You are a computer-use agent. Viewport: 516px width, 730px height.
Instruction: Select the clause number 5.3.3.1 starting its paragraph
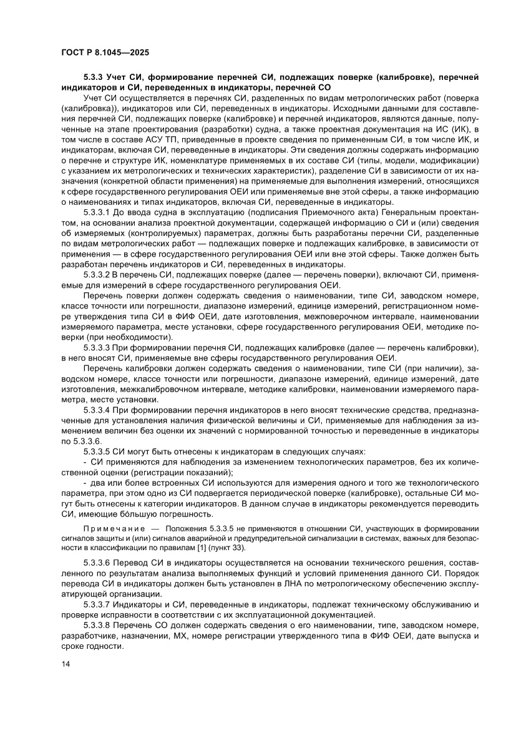tap(97, 213)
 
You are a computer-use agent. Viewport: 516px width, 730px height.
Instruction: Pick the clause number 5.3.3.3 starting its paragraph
tap(97, 347)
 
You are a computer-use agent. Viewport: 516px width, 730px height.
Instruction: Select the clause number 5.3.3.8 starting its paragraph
tap(97, 625)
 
